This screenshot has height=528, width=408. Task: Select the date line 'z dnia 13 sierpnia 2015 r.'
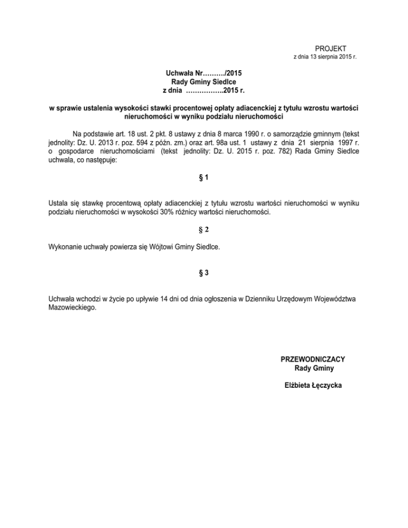[325, 56]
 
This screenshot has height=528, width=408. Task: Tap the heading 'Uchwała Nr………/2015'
[204, 73]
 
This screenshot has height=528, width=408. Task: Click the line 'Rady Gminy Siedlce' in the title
[204, 82]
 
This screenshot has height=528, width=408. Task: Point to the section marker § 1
[204, 179]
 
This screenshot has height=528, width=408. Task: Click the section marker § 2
[204, 230]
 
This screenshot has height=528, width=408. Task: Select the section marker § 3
[204, 273]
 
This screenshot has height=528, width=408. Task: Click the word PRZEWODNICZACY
[313, 360]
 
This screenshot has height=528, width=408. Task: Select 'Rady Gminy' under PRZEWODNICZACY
[313, 368]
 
